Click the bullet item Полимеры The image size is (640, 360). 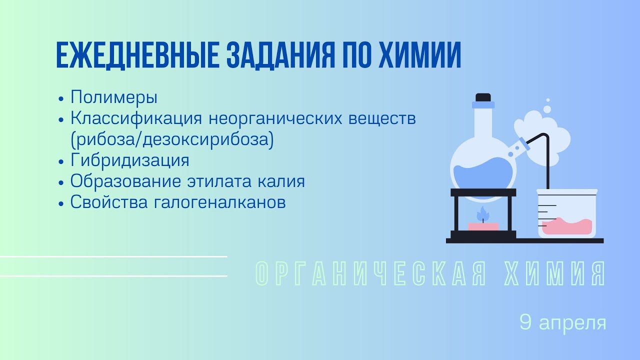(x=114, y=96)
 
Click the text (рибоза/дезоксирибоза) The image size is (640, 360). (x=172, y=140)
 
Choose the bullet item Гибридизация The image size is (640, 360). (x=130, y=160)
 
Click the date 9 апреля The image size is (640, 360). (x=563, y=322)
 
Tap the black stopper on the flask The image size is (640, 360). (x=482, y=97)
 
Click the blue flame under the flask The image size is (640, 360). (x=482, y=215)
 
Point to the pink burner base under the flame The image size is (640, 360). (x=483, y=226)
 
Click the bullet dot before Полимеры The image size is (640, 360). (x=61, y=98)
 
